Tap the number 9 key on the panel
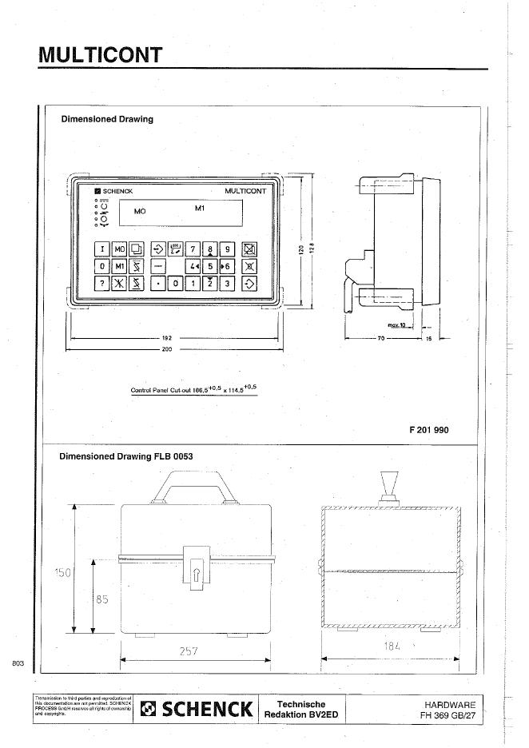point(227,249)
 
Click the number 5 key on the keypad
point(209,266)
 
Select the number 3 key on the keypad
point(227,283)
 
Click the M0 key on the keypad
point(120,249)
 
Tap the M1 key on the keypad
point(120,266)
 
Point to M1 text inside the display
point(201,209)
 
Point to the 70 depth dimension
point(381,339)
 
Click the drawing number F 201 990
point(429,430)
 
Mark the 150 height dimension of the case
point(63,573)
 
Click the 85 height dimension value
point(101,599)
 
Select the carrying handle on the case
point(196,483)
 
